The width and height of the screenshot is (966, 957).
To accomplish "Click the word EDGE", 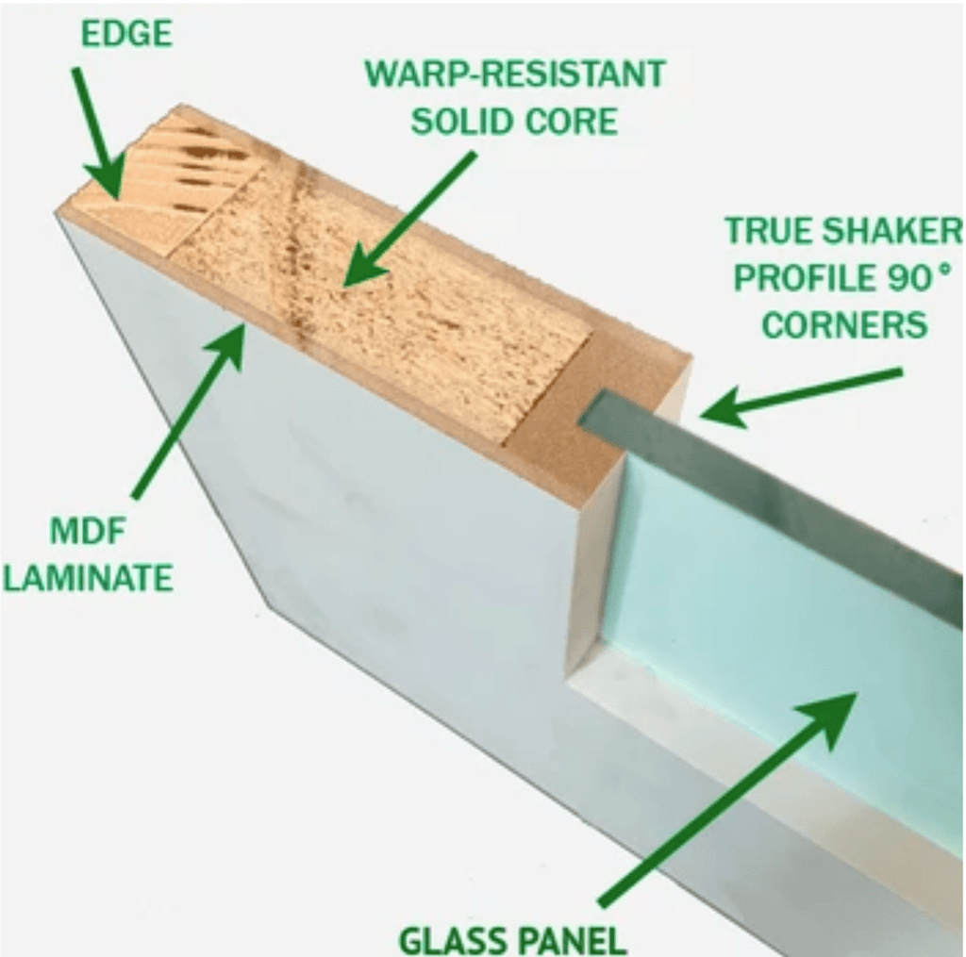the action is coord(126,34).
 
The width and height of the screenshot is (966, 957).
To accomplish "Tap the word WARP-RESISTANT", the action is coord(515,74).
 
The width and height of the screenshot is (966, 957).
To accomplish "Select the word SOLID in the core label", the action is coord(454,122).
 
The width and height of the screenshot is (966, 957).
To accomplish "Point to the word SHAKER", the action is coord(892,230).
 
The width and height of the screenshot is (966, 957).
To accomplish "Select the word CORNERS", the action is coord(844,324).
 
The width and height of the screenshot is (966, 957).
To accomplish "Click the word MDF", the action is coord(88,532).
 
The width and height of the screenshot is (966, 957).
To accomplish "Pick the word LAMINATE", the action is coord(88,579).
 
